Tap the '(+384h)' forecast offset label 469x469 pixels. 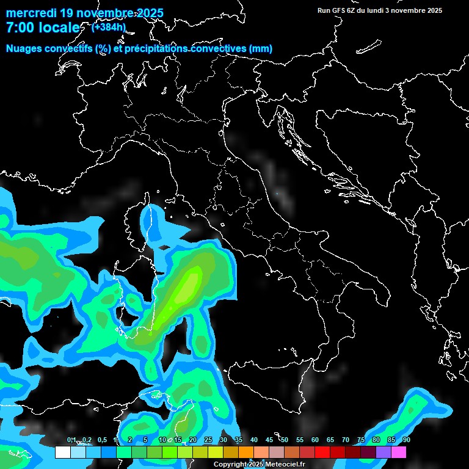click(108, 27)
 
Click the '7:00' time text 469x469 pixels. click(20, 28)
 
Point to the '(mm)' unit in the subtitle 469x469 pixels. click(260, 49)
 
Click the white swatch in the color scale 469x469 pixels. click(63, 452)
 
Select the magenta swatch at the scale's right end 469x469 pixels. click(399, 452)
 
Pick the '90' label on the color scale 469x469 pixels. click(406, 440)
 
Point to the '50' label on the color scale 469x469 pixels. click(284, 440)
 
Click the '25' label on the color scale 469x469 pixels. click(208, 440)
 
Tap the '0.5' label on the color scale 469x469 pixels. click(101, 440)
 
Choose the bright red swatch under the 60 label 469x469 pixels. click(322, 452)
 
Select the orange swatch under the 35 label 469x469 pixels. click(246, 452)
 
